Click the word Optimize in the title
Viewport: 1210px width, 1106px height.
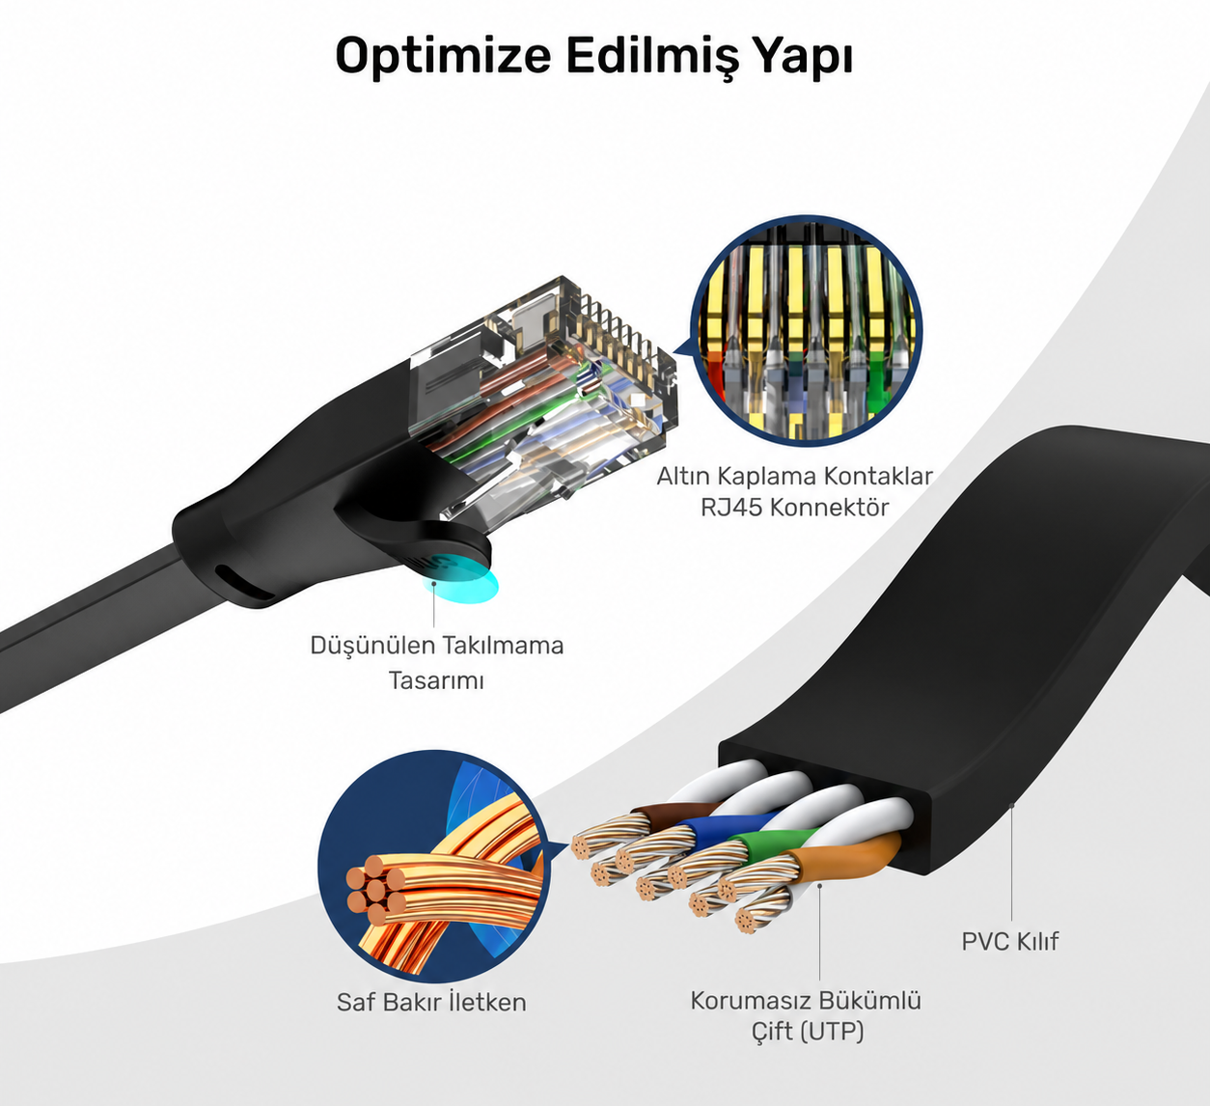pos(443,57)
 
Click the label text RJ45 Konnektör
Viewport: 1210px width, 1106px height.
pos(794,508)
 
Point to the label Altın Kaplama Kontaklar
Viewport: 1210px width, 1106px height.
pos(794,476)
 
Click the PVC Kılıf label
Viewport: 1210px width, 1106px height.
pos(1009,941)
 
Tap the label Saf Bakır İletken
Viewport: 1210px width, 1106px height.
pos(431,1002)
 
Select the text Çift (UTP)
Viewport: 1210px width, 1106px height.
pos(807,1031)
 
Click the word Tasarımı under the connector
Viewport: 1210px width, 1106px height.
pos(436,680)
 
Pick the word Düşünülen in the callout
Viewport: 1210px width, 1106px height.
pos(371,645)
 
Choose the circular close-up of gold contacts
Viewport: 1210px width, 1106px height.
pos(807,331)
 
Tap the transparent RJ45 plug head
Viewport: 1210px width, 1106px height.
pos(543,392)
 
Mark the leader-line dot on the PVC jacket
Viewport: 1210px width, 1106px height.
pos(1011,804)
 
